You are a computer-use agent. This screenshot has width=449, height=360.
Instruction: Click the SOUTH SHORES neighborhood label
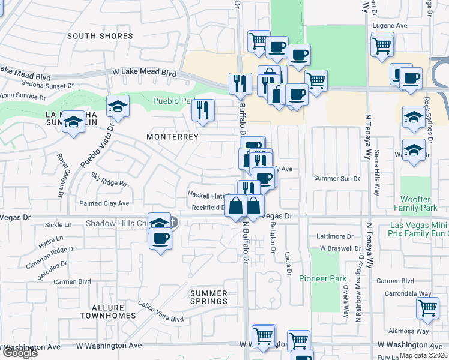pyautogui.click(x=100, y=36)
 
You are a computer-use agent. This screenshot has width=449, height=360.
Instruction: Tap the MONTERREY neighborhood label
pyautogui.click(x=172, y=137)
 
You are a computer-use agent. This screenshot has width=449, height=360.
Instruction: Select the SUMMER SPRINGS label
pyautogui.click(x=209, y=297)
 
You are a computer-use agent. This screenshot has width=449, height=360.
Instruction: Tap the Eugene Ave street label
pyautogui.click(x=390, y=26)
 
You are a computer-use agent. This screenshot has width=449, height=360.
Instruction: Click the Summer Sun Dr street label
pyautogui.click(x=336, y=179)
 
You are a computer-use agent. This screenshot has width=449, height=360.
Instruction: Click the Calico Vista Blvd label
pyautogui.click(x=160, y=320)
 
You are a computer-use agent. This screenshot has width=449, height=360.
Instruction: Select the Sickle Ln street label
pyautogui.click(x=58, y=225)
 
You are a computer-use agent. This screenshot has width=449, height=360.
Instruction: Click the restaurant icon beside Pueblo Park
pyautogui.click(x=203, y=110)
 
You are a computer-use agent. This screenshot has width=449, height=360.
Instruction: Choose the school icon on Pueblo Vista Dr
pyautogui.click(x=118, y=106)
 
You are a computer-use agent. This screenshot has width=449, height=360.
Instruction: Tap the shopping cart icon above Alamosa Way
pyautogui.click(x=427, y=308)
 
